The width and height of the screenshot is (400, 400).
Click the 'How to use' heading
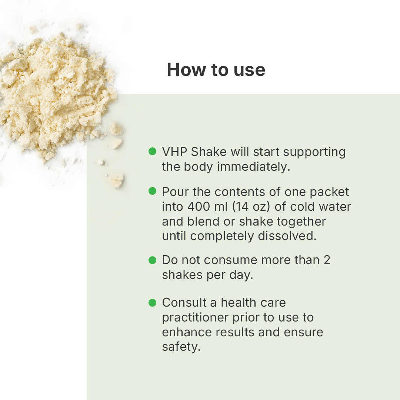[x=216, y=70]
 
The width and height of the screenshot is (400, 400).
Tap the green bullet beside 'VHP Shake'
[x=152, y=151]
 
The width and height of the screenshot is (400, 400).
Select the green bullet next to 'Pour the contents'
[x=152, y=191]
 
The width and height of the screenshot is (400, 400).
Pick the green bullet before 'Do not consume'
[x=152, y=260]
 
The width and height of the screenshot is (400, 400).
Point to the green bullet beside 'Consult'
[x=152, y=303]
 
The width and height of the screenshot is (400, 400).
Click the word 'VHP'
[x=174, y=152]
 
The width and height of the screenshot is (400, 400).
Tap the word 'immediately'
[x=254, y=167]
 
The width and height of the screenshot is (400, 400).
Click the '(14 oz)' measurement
[x=251, y=207]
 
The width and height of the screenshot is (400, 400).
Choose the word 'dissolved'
[x=287, y=236]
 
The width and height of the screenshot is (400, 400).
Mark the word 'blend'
[x=203, y=221]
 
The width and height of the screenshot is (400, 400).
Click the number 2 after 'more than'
[x=327, y=260]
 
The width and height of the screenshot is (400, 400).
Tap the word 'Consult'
[x=184, y=303]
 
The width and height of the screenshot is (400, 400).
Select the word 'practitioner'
[x=195, y=318]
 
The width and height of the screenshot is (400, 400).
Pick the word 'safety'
[x=181, y=347]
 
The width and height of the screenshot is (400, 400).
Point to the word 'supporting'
[x=314, y=152]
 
